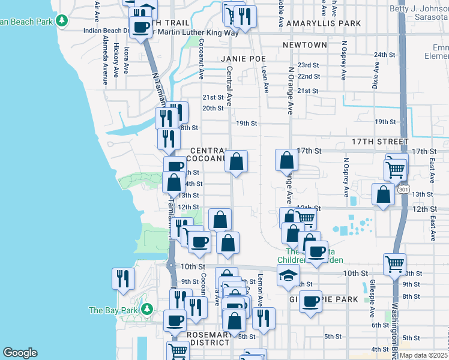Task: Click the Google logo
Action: coord(20,353)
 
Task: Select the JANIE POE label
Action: coord(243,58)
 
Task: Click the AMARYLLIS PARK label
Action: coord(324,23)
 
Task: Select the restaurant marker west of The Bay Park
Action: coord(122,278)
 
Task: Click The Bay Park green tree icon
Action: coord(145,310)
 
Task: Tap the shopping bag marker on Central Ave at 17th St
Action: coord(237,161)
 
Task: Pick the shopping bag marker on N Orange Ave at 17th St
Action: coord(287,160)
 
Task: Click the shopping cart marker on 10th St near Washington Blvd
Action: coord(394,263)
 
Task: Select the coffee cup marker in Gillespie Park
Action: coord(310,302)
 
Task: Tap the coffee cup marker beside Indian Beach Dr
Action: coord(140,27)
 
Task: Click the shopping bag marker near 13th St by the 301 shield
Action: coord(382,194)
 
